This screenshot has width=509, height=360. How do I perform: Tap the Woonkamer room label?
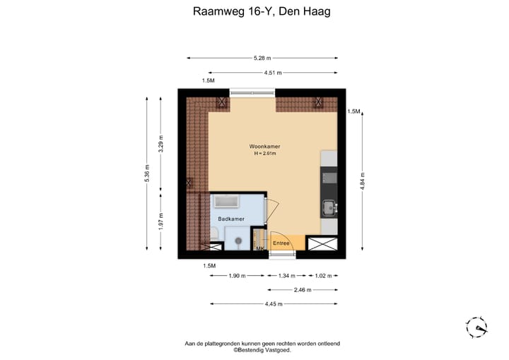pos(264,146)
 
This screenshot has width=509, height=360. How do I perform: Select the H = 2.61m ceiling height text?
pos(264,154)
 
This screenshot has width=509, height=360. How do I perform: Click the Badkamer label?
pos(231,219)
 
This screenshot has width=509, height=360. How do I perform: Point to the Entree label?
pos(281,243)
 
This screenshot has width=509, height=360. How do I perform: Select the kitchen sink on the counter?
pos(329,207)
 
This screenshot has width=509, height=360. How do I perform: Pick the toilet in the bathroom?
pos(216,244)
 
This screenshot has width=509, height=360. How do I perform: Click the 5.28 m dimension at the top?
pos(263,58)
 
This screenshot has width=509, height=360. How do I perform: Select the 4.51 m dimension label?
pos(273,73)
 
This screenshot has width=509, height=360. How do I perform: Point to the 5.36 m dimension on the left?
pos(147,173)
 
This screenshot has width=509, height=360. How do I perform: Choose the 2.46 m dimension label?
pos(300,289)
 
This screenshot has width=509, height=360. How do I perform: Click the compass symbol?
pos(477,327)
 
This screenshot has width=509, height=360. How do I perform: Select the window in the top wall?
pos(252,92)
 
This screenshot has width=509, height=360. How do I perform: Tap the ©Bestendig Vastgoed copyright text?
pos(262,350)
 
